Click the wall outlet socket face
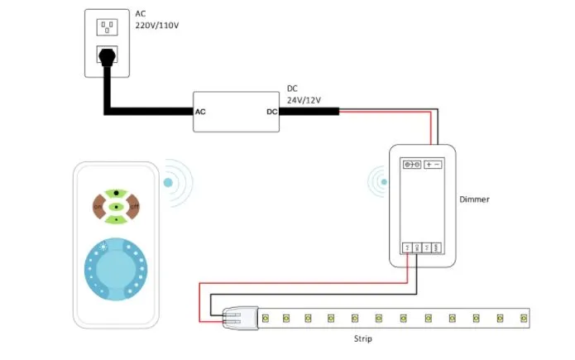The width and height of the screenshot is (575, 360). coord(107,27)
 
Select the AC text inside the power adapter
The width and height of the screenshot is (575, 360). coord(200,111)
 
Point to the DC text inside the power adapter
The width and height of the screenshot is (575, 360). coord(271,111)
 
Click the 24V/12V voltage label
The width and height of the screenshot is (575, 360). coord(304,100)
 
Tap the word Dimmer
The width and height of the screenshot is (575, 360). coord(475,199)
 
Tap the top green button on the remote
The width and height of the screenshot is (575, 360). coord(117,194)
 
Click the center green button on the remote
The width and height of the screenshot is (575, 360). coord(117,206)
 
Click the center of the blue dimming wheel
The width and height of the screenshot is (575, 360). coord(116,268)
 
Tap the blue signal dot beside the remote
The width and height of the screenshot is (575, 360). coord(169,181)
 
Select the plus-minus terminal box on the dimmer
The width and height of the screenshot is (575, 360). coord(433,165)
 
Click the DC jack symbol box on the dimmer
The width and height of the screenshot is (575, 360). coord(411,165)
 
